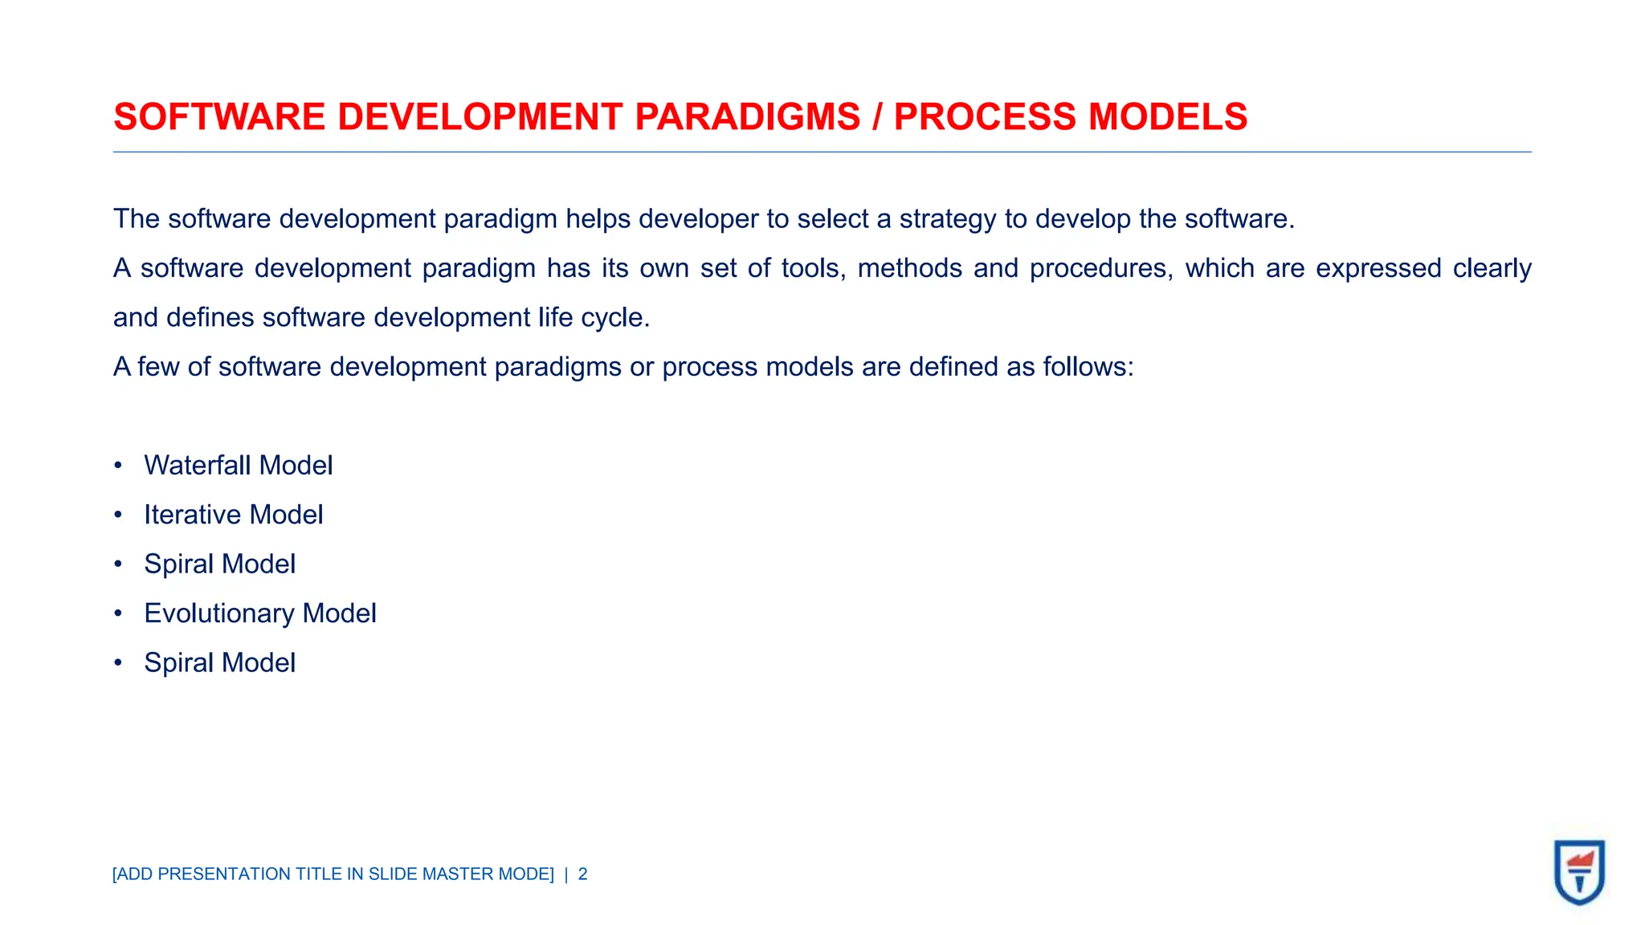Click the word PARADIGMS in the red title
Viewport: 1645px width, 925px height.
click(x=747, y=117)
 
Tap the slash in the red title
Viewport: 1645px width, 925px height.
click(x=877, y=117)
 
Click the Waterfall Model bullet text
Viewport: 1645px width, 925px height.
click(x=238, y=466)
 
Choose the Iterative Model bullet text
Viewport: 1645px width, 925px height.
click(x=233, y=515)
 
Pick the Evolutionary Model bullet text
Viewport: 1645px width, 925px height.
click(x=260, y=613)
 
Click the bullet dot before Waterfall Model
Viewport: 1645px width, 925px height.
click(x=118, y=466)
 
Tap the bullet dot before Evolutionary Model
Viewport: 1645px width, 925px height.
click(x=118, y=613)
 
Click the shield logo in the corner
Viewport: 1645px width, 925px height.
click(x=1579, y=872)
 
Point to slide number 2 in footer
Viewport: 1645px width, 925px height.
click(x=583, y=874)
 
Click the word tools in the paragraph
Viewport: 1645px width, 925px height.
click(x=813, y=268)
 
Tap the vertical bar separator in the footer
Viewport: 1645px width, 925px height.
click(x=566, y=874)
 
